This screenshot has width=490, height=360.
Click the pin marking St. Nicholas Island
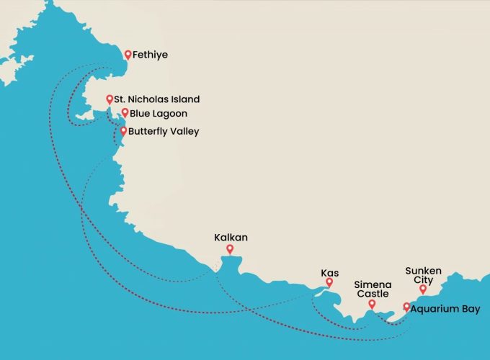point(109,99)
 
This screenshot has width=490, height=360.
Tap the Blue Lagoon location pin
point(125,113)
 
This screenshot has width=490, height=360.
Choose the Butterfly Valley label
point(164,131)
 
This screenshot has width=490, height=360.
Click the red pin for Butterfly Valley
point(123,131)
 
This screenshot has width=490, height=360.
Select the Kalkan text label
point(230,237)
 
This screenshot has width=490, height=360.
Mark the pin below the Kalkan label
point(230,250)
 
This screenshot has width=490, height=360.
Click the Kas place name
point(329,274)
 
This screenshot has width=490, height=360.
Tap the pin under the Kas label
point(329,283)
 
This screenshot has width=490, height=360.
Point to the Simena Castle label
point(372,289)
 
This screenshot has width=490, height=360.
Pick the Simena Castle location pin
point(372,304)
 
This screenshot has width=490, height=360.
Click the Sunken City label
point(423,276)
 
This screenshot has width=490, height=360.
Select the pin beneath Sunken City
point(423,289)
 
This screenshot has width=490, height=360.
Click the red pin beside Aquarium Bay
point(406,307)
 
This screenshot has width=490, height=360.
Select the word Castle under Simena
point(372,294)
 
